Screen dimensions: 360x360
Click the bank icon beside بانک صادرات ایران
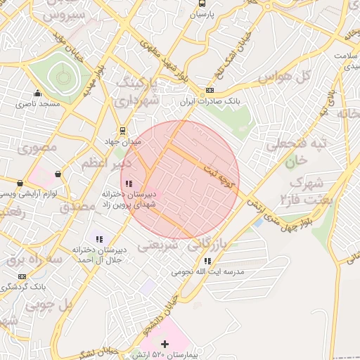click(210, 92)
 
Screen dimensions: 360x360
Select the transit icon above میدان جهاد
click(124, 130)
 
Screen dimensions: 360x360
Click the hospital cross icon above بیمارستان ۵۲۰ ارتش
click(165, 344)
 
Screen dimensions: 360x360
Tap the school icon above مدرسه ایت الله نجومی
click(206, 261)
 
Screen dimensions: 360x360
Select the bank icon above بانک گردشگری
click(22, 276)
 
